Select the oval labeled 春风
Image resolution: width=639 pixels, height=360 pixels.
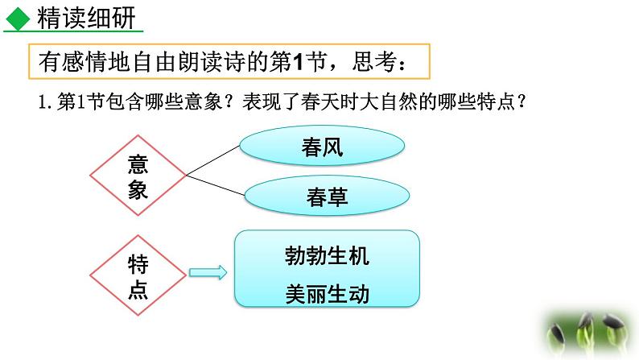pyautogui.click(x=322, y=148)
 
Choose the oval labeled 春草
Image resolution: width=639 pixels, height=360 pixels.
pyautogui.click(x=327, y=197)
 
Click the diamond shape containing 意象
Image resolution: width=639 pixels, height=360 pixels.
pyautogui.click(x=138, y=175)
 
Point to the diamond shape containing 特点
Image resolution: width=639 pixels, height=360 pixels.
pyautogui.click(x=138, y=276)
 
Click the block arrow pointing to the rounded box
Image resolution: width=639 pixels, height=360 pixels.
pyautogui.click(x=208, y=275)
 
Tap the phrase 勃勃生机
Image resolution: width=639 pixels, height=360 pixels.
pyautogui.click(x=327, y=256)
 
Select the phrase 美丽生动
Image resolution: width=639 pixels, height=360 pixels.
pyautogui.click(x=327, y=294)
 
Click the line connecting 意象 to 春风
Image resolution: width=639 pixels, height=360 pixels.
pyautogui.click(x=213, y=160)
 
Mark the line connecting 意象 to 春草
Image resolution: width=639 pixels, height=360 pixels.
pyautogui.click(x=216, y=184)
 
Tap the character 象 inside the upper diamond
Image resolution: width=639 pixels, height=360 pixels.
pyautogui.click(x=138, y=190)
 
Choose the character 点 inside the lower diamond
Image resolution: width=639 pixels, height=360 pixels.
pyautogui.click(x=138, y=290)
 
